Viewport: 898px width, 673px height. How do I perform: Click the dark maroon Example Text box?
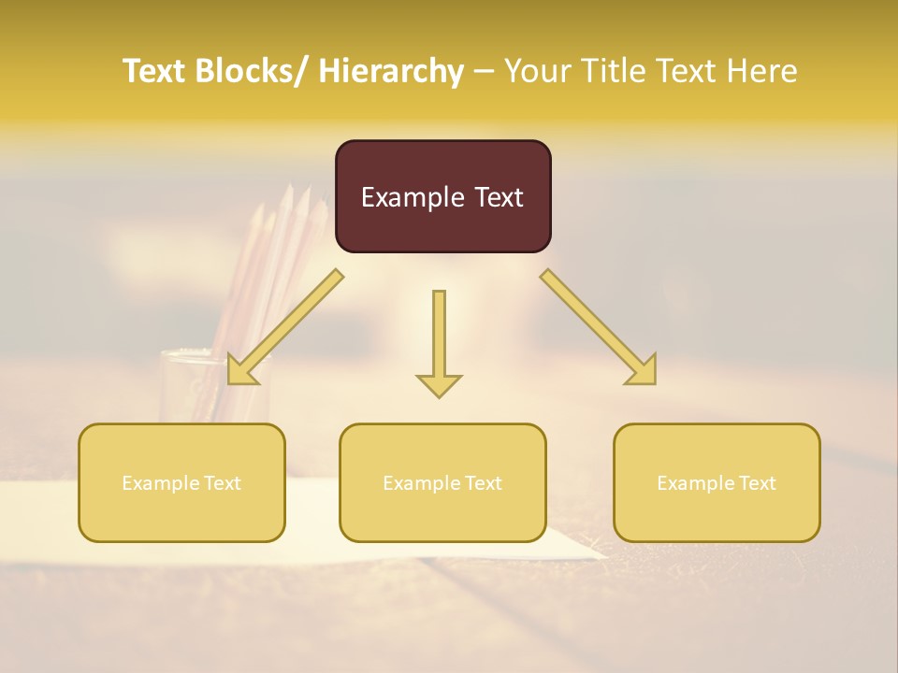(442, 196)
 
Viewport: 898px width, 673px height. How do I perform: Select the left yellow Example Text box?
(181, 482)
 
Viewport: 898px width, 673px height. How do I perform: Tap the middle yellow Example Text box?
(442, 482)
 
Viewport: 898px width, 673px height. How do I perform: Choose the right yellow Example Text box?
(717, 482)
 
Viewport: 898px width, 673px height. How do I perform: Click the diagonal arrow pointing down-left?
(290, 323)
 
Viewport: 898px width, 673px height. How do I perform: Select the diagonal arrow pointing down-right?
(595, 323)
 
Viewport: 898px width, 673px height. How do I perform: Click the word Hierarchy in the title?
(390, 71)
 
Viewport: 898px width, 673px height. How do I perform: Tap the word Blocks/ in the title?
(248, 71)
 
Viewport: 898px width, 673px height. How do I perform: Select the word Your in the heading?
(538, 71)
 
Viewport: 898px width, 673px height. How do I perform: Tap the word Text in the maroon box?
(497, 197)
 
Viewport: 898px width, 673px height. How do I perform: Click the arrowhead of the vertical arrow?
(439, 384)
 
